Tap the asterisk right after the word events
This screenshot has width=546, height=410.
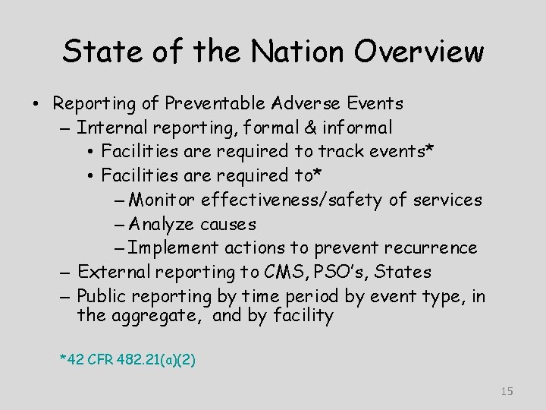(x=430, y=150)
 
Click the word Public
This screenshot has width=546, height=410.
(x=102, y=296)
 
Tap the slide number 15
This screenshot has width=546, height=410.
(x=507, y=391)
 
